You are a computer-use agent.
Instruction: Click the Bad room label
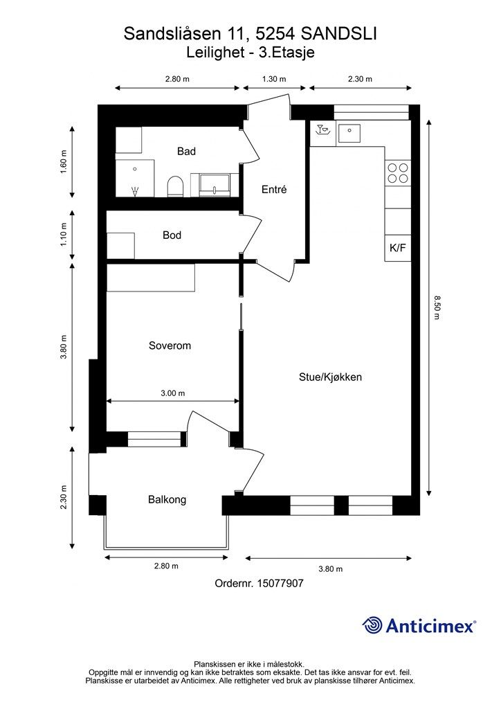tap(186, 151)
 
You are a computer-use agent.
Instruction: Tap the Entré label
tap(273, 190)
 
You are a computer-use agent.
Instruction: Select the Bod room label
tap(172, 235)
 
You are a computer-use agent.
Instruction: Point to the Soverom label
tap(170, 345)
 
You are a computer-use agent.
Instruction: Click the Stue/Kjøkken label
tap(330, 377)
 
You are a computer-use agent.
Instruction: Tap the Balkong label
tap(167, 499)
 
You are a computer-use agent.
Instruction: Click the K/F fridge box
tap(398, 248)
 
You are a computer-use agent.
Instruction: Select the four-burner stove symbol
tap(398, 172)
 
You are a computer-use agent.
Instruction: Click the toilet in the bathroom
tap(175, 186)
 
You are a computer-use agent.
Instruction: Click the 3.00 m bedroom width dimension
tap(172, 393)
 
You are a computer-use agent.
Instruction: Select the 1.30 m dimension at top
tap(274, 79)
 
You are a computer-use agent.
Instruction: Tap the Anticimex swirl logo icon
tap(373, 625)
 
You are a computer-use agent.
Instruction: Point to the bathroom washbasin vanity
tap(217, 183)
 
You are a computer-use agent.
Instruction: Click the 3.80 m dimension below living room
tap(330, 568)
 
